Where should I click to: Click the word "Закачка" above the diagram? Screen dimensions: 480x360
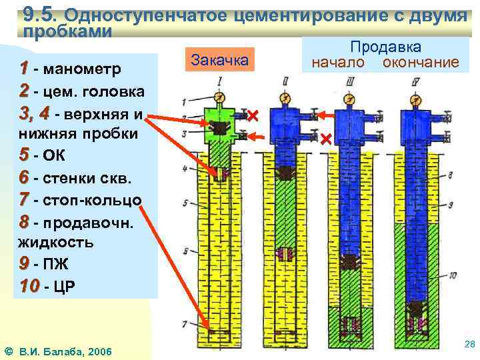click(219, 60)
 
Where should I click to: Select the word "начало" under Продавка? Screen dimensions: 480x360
click(337, 63)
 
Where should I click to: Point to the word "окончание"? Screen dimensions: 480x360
click(420, 63)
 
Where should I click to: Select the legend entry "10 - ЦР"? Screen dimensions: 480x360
click(47, 287)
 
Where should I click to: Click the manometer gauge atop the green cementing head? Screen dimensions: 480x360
click(220, 94)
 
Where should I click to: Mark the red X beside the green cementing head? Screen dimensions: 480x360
click(253, 116)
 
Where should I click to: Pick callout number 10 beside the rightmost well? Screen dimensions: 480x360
click(453, 275)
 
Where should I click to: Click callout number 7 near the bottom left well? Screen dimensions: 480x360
click(185, 324)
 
